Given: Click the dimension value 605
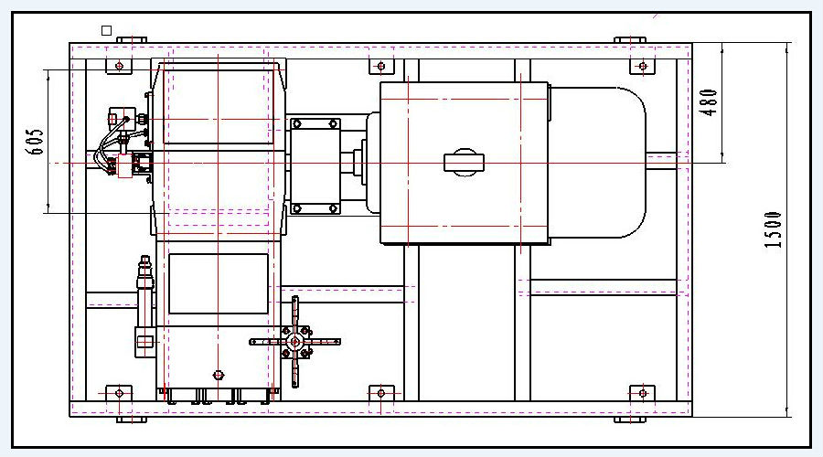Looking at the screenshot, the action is [35, 142].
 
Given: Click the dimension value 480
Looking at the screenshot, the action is [709, 102].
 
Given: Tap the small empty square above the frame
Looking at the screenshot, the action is [107, 30].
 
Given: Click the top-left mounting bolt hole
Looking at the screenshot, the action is [119, 66].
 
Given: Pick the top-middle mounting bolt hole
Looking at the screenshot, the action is [381, 66].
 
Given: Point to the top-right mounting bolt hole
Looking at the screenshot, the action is [643, 66].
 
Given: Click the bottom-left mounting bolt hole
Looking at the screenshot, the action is [119, 393].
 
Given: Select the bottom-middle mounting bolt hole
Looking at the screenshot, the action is [381, 393].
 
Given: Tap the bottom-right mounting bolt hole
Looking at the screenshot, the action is [643, 393].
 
